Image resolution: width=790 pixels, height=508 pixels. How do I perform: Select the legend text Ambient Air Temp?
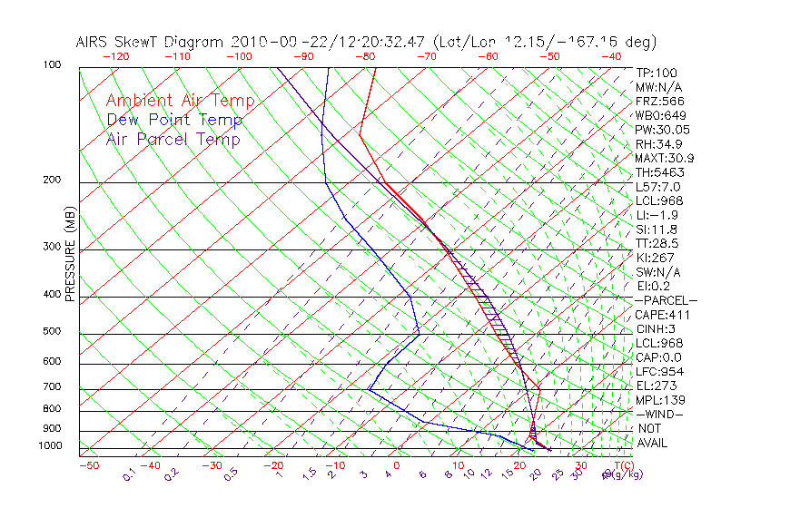180,101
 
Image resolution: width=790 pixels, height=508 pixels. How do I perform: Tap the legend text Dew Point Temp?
174,120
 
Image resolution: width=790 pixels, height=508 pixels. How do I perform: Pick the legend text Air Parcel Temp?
173,139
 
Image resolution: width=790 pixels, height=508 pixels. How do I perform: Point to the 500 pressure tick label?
53,331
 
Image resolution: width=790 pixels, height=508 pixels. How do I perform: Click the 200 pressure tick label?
53,180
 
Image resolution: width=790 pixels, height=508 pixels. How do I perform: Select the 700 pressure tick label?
53,387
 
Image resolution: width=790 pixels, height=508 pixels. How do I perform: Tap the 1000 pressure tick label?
50,446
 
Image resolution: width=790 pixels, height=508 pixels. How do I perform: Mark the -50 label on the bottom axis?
88,465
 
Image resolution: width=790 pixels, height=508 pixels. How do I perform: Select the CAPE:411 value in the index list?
661,315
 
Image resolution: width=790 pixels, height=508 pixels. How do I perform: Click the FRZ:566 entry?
659,102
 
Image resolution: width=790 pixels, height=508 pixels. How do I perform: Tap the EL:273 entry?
657,386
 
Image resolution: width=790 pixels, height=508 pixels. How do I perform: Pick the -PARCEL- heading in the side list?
666,300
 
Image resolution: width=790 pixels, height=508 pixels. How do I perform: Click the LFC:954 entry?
659,372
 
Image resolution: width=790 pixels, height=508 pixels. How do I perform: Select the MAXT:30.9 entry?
664,159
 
